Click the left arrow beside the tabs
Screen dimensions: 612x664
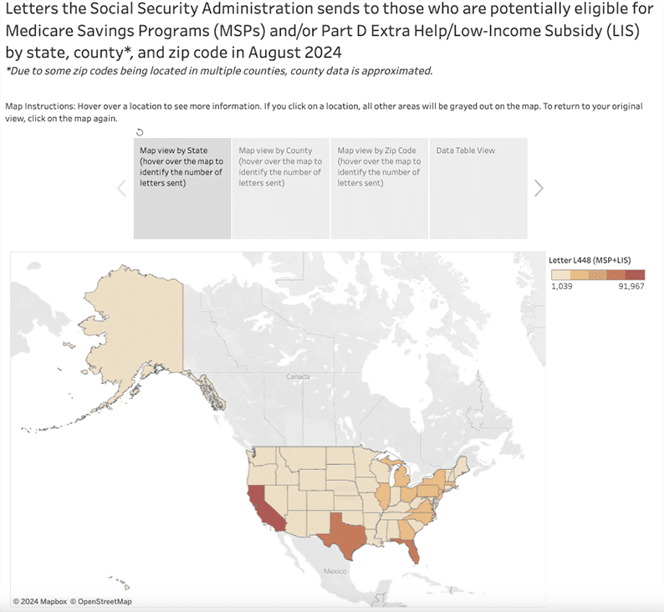[121, 188]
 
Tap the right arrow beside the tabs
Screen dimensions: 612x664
[539, 188]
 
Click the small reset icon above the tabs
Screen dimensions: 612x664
[139, 131]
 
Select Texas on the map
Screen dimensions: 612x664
[345, 535]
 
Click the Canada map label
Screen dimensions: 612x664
[298, 378]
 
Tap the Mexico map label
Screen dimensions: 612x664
[335, 571]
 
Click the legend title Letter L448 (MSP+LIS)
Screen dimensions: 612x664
[595, 260]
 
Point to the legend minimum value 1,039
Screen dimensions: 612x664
[560, 286]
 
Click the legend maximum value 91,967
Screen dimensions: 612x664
[631, 286]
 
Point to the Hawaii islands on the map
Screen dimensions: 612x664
[122, 583]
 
